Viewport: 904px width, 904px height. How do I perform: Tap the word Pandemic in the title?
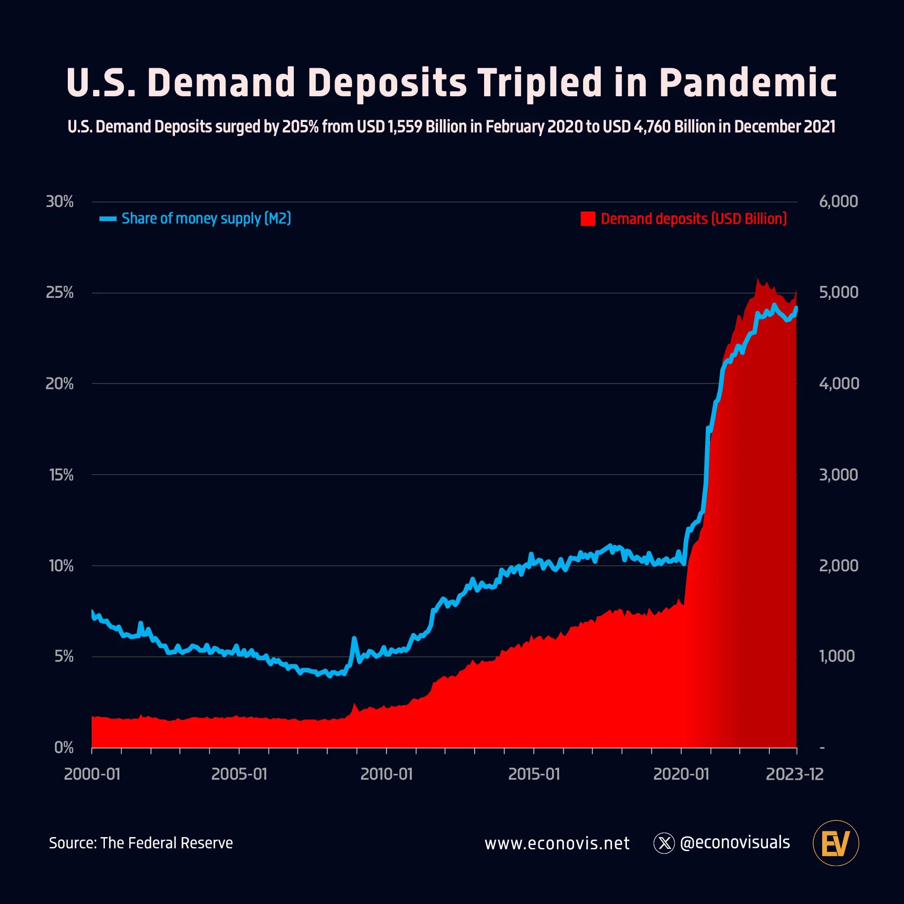tap(747, 83)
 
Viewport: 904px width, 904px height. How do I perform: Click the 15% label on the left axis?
tap(61, 475)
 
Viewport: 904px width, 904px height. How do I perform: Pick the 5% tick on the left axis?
tap(64, 656)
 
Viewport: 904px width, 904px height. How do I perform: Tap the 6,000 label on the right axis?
tap(838, 202)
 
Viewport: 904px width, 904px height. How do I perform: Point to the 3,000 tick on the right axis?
tap(838, 475)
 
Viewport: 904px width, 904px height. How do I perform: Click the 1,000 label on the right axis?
tap(837, 656)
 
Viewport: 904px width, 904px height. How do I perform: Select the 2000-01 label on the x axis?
tap(92, 774)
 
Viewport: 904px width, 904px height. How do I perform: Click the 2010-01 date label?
tap(386, 774)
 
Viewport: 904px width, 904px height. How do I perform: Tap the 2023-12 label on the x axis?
tap(795, 774)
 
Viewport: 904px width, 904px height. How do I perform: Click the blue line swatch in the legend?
tap(108, 218)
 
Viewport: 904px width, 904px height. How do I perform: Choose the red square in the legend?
tap(588, 218)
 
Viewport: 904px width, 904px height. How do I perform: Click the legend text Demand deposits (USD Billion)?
tap(693, 218)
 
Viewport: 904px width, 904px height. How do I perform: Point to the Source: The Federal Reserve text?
tap(141, 843)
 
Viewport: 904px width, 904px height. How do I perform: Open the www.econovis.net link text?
tap(557, 843)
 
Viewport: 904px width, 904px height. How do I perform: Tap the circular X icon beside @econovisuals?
tap(664, 843)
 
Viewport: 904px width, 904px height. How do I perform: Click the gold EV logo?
tap(836, 843)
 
